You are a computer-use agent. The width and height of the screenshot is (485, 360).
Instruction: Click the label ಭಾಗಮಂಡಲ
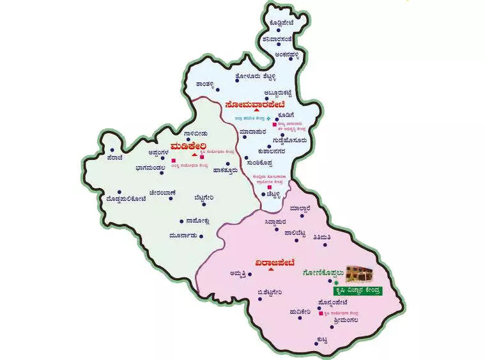coord(137,169)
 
